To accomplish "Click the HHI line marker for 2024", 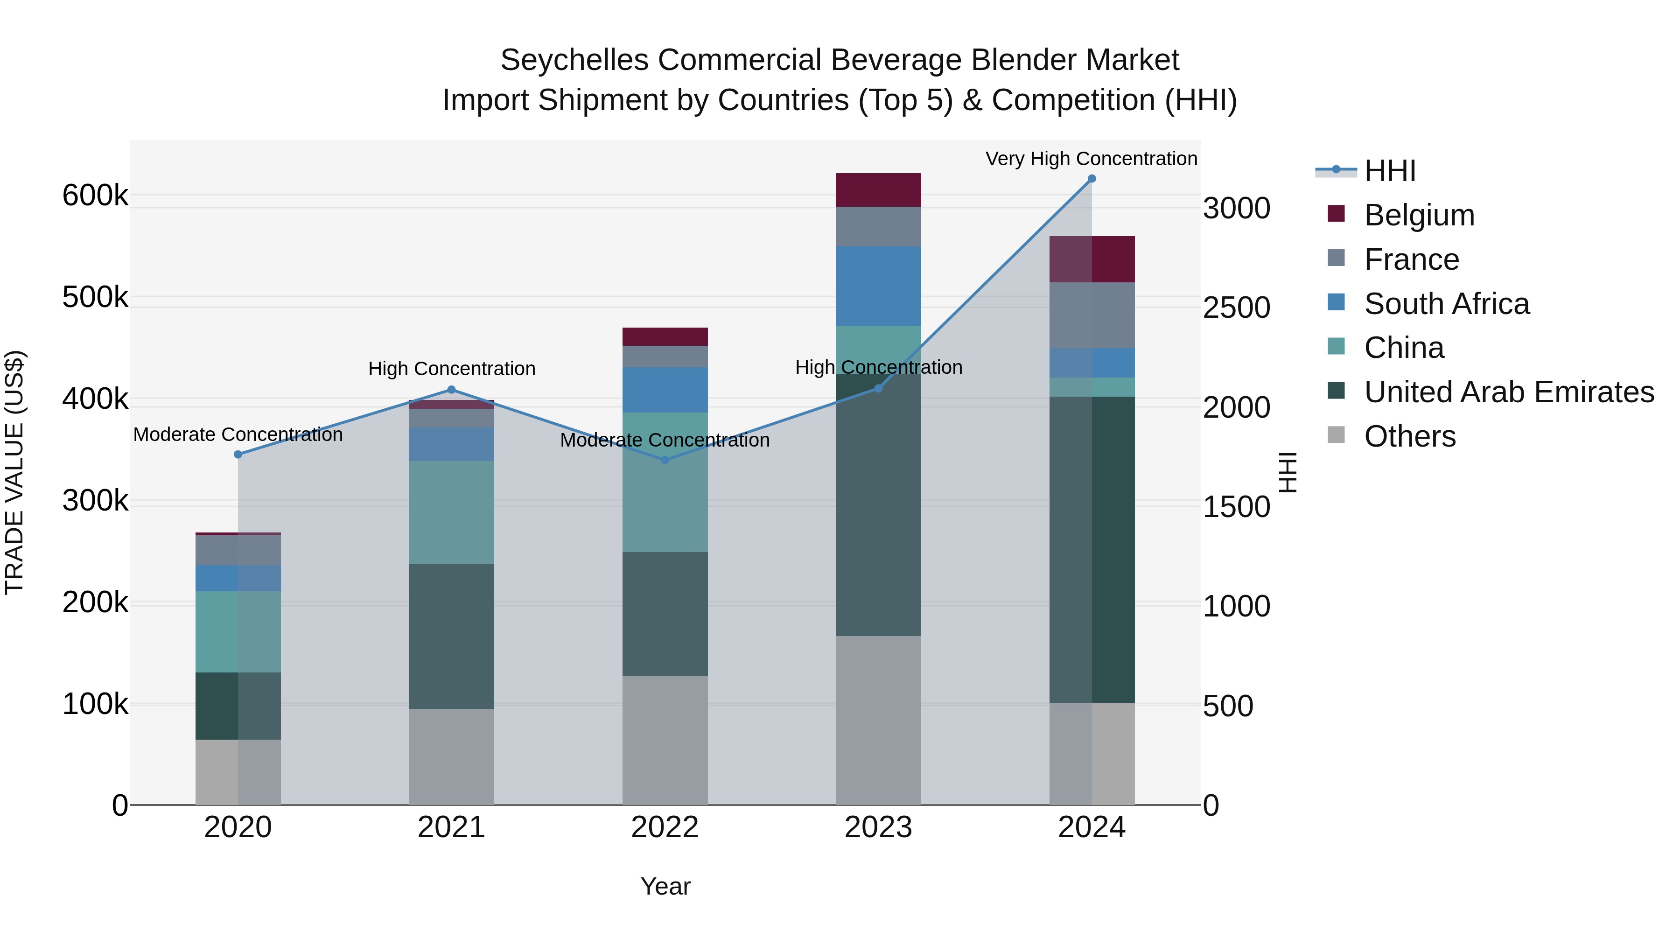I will [1092, 179].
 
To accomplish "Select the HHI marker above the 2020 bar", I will [238, 455].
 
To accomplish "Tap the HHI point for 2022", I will [665, 461].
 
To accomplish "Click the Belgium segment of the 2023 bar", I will [878, 190].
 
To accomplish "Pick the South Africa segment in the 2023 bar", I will [878, 286].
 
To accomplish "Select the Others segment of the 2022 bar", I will [665, 740].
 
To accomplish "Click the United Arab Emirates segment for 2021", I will [451, 636].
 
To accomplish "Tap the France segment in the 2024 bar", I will [1092, 315].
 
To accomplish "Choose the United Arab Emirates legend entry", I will [1508, 392].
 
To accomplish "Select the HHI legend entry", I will [1389, 171].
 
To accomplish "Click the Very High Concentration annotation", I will [1091, 159].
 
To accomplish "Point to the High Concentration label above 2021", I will [451, 369].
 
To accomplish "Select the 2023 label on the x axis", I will [878, 827].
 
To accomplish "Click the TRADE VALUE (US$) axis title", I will [14, 472].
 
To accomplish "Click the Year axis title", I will [665, 886].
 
